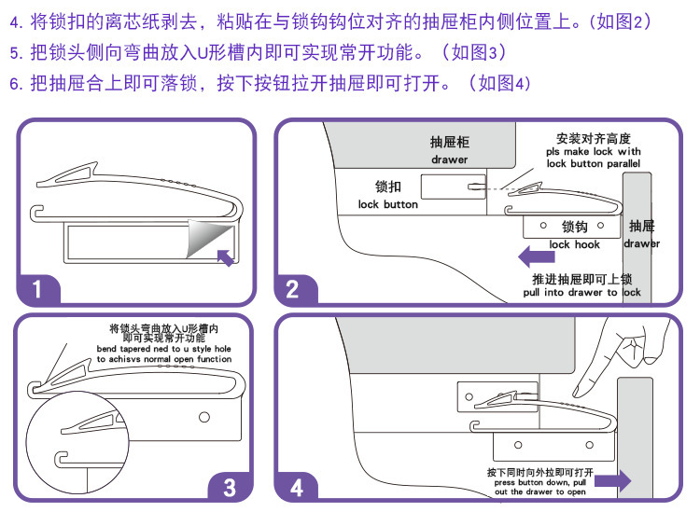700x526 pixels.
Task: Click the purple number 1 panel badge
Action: coord(37,289)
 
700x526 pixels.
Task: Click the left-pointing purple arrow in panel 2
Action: coord(536,256)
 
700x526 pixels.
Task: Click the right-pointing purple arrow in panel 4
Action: coord(613,480)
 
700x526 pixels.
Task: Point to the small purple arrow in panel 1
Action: coord(225,257)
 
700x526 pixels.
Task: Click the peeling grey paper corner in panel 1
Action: coord(210,238)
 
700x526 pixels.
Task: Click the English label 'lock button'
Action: coord(388,204)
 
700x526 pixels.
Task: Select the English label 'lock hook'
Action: coord(575,244)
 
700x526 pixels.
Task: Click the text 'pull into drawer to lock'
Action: coord(581,292)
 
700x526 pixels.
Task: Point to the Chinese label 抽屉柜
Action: coord(450,142)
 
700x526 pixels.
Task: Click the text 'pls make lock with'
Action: coord(594,152)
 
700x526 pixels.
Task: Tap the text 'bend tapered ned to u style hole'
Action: coord(164,349)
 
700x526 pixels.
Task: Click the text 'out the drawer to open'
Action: coord(540,491)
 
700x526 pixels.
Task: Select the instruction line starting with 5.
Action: coord(259,52)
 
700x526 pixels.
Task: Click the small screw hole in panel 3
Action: coord(204,417)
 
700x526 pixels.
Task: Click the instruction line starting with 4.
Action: coord(330,21)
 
